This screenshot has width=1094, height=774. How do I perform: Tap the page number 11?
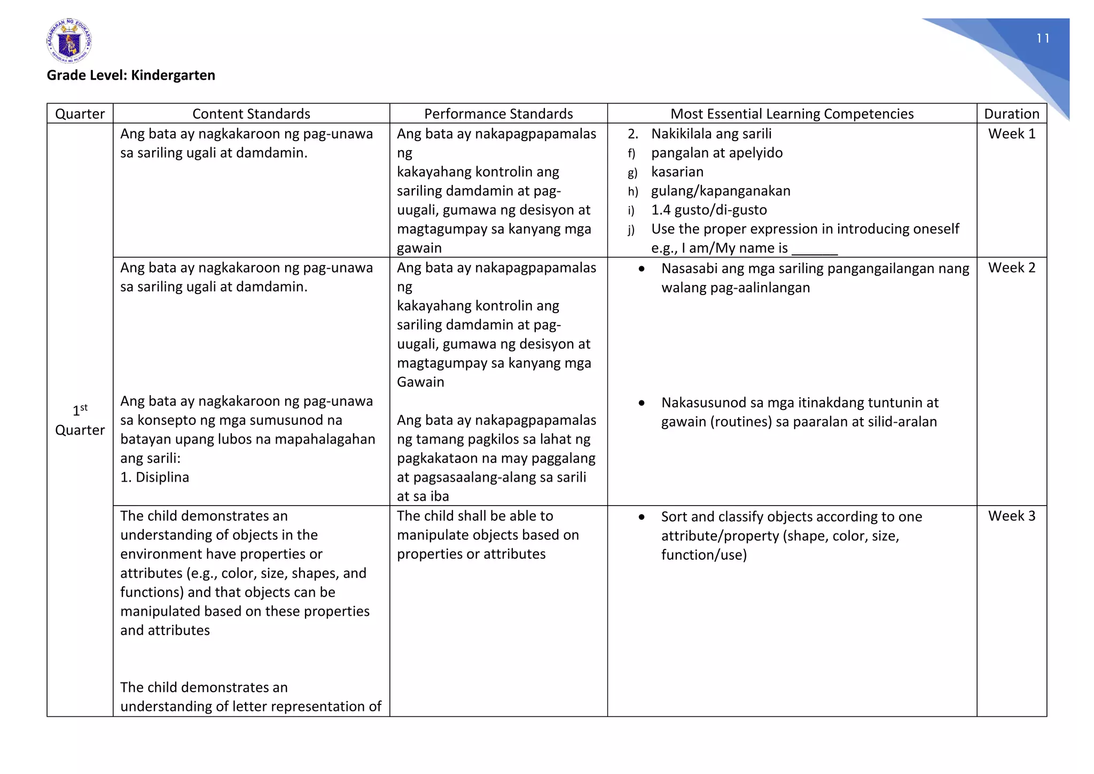[x=1043, y=38]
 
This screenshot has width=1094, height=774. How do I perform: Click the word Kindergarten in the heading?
[x=173, y=75]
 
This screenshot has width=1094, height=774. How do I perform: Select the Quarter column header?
[x=80, y=114]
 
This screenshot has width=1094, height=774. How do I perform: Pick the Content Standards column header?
[x=251, y=114]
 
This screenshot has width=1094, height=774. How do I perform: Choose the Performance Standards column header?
[x=498, y=114]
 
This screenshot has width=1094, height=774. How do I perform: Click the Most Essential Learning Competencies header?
[x=792, y=114]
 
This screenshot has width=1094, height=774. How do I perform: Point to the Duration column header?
[x=1011, y=114]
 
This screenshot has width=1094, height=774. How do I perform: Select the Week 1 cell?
[x=1011, y=134]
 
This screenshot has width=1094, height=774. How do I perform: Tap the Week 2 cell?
[x=1011, y=268]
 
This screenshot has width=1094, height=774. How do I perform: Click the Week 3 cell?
[x=1011, y=516]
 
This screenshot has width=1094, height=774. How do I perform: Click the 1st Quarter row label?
[x=80, y=421]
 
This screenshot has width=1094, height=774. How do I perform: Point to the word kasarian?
[x=677, y=172]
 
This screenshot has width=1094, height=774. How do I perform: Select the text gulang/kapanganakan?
[x=720, y=191]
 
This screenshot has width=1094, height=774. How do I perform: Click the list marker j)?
[x=631, y=230]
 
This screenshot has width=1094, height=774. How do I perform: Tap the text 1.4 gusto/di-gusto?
[x=708, y=210]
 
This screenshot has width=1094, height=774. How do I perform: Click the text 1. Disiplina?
[x=154, y=477]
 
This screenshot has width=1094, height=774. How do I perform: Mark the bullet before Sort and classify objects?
[x=642, y=517]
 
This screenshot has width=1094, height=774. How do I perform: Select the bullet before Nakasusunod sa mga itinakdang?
[x=642, y=403]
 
